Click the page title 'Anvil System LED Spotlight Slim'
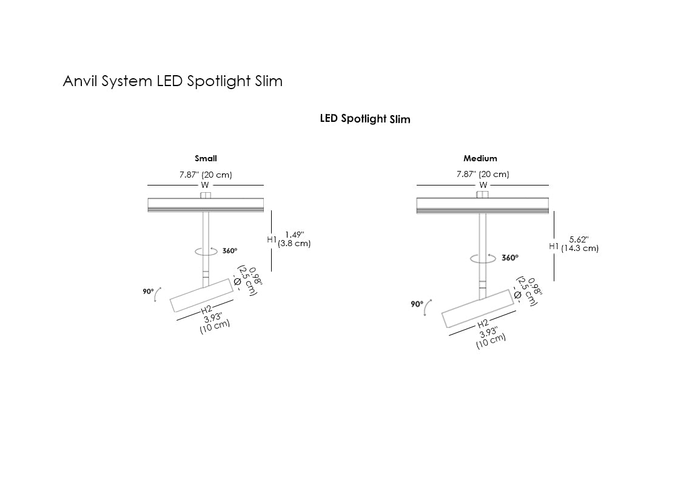172,81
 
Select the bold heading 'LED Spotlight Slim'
365,119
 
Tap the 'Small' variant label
206,159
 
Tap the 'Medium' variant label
480,159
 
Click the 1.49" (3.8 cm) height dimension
294,239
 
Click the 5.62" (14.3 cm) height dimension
579,244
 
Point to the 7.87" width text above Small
206,175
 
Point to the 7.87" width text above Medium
483,175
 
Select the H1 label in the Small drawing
272,239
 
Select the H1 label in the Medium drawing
554,246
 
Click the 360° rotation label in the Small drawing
230,250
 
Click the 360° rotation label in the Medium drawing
510,258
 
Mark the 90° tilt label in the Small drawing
148,292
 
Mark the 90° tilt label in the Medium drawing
417,304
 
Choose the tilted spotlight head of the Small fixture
201,295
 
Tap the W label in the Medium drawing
483,185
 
